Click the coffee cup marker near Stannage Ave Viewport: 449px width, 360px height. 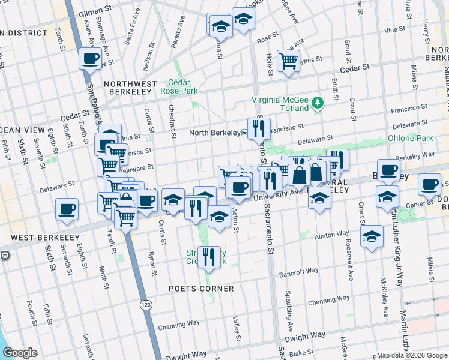tap(91, 59)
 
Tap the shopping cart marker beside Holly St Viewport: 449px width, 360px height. tap(289, 60)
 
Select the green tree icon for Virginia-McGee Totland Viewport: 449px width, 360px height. tap(318, 104)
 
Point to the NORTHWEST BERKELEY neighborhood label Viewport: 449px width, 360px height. tap(130, 88)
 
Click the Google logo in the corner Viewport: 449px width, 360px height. tap(20, 353)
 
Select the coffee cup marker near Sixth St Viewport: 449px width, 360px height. tap(67, 209)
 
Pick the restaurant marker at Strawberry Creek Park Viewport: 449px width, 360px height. tap(209, 256)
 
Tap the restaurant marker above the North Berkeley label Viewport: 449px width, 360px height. tap(259, 127)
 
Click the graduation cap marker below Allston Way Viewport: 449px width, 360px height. tap(372, 236)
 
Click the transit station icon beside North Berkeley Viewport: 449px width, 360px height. tap(244, 133)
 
